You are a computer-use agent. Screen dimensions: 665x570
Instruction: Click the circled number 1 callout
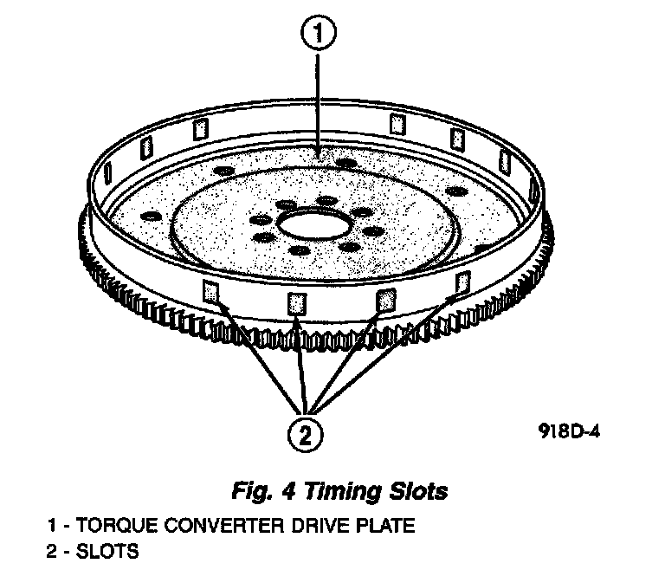click(x=320, y=34)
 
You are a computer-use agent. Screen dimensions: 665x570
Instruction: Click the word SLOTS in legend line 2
click(x=108, y=551)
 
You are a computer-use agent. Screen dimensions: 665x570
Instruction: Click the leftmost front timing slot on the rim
click(x=210, y=291)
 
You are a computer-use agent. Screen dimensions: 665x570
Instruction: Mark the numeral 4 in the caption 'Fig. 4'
click(x=296, y=491)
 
